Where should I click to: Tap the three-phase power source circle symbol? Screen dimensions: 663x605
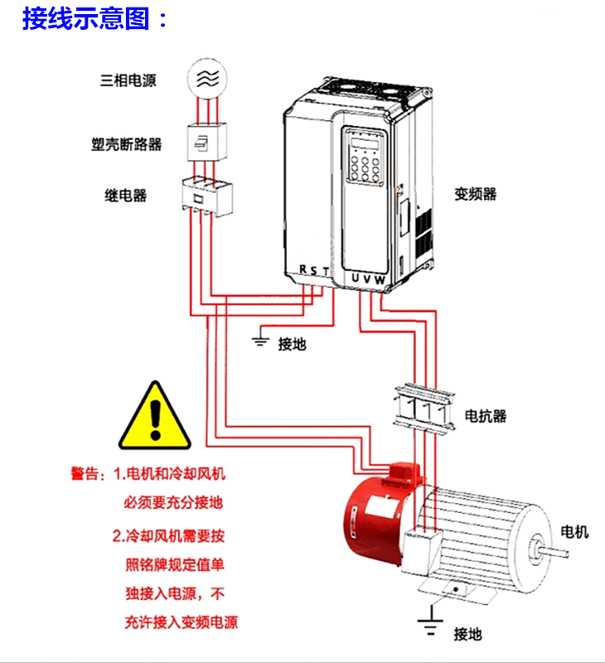coord(207,78)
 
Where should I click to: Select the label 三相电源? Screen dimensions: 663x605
coord(128,80)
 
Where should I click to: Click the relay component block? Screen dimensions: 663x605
coord(206,196)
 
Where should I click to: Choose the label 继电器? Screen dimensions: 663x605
coord(125,196)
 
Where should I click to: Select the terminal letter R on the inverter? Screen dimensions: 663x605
coord(303,269)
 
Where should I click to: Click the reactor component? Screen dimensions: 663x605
coord(423,407)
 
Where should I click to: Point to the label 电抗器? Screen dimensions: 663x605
coord(486,415)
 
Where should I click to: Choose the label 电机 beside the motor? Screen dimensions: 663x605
coord(575,531)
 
